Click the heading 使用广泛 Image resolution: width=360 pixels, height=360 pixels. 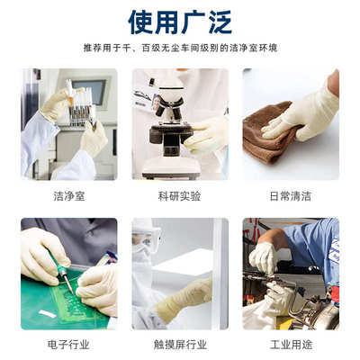180,21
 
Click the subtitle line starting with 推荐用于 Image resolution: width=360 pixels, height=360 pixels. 180,48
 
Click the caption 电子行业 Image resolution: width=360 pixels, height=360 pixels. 68,344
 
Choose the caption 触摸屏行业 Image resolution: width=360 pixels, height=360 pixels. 180,344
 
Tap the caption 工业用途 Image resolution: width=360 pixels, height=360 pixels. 291,344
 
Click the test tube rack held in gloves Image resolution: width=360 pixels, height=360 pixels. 81,103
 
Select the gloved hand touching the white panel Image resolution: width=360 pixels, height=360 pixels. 184,297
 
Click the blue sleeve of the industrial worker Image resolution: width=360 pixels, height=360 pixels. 310,247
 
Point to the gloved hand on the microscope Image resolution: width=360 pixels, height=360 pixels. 207,133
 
